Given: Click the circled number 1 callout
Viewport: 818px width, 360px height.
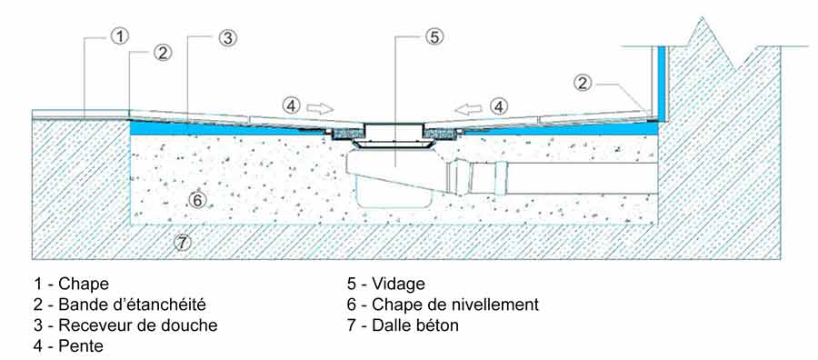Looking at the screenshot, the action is click(120, 36).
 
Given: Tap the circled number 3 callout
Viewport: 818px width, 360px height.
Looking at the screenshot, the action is click(228, 37).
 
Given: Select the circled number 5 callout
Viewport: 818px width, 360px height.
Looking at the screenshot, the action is click(434, 36).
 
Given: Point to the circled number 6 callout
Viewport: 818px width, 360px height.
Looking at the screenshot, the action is click(196, 199).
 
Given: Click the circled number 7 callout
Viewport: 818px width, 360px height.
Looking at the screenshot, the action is click(182, 242).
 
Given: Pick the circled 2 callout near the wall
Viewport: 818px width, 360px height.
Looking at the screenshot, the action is click(584, 83).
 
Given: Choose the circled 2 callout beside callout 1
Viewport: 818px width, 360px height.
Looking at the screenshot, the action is click(163, 53).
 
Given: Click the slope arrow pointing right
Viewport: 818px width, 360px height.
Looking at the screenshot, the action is click(319, 108).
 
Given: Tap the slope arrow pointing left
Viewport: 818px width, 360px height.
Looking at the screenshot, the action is click(468, 108).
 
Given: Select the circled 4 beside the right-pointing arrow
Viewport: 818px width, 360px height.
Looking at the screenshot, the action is click(291, 106).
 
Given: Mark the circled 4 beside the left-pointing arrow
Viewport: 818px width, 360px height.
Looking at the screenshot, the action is click(499, 106).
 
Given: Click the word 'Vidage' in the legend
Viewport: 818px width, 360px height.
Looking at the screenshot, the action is click(399, 284).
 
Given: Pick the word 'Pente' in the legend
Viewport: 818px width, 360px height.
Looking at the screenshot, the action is click(81, 345).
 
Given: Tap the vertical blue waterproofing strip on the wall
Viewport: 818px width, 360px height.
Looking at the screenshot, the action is click(662, 84).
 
